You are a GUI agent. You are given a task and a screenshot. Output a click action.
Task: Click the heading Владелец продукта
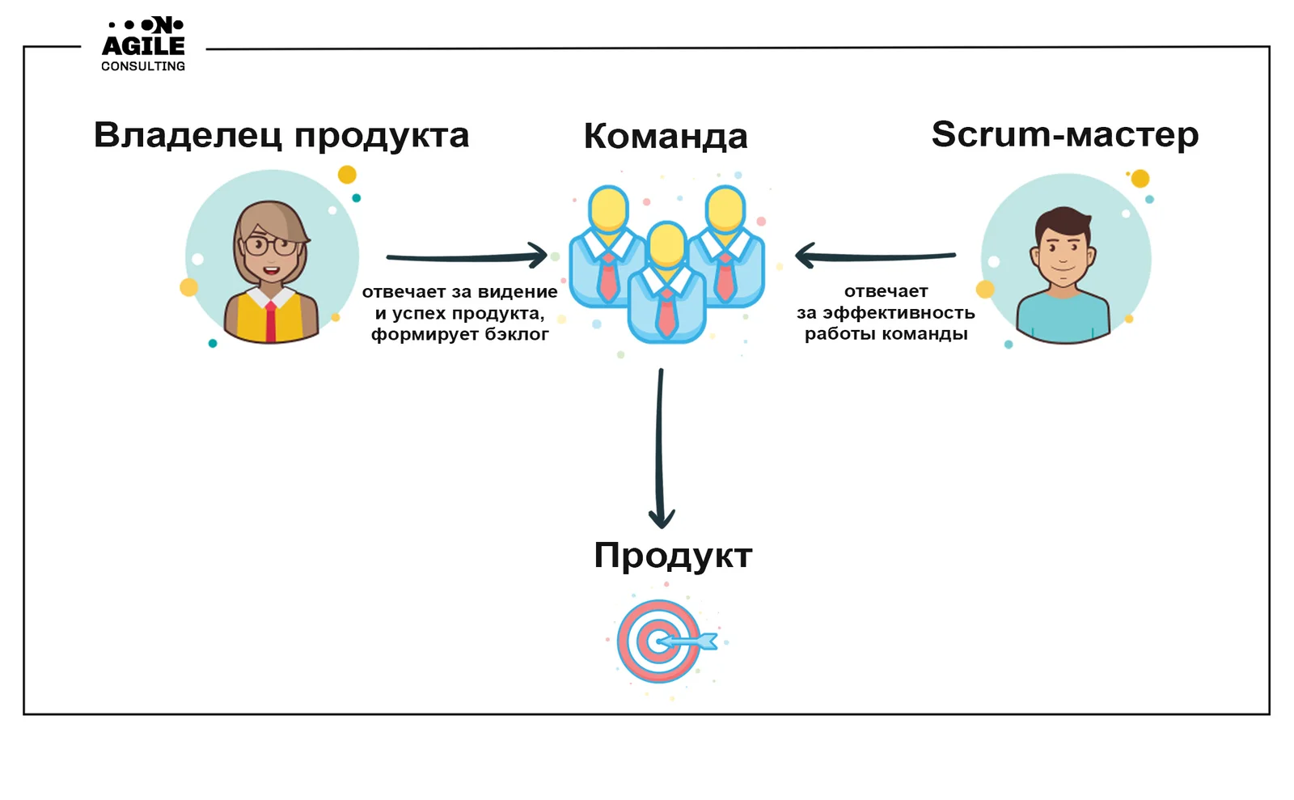tap(281, 135)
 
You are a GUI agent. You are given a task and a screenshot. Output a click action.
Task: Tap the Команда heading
tap(665, 136)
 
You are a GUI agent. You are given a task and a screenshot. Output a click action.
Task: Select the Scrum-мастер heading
tap(1064, 134)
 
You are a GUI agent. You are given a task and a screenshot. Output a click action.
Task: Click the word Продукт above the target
tap(673, 556)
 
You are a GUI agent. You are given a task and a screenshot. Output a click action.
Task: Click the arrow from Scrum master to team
tap(875, 256)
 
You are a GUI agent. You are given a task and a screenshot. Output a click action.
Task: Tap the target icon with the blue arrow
tap(662, 641)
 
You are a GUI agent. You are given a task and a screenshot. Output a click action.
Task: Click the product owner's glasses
tap(271, 244)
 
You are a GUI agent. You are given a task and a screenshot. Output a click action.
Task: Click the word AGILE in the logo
tap(143, 46)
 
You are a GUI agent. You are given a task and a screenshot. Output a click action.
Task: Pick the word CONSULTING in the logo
tap(143, 66)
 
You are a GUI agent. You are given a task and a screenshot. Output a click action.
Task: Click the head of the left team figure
tap(608, 208)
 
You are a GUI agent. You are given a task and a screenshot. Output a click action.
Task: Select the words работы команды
tap(886, 334)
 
